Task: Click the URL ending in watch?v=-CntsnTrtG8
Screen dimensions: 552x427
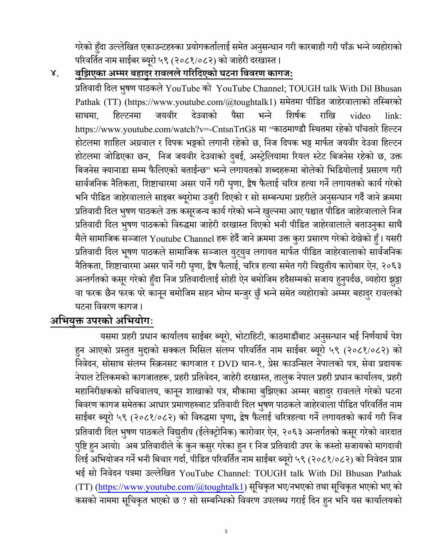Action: click(x=165, y=129)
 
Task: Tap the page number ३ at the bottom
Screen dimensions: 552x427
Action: click(x=226, y=531)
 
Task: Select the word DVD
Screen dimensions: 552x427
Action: click(x=228, y=364)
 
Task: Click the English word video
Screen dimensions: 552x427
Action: click(x=360, y=116)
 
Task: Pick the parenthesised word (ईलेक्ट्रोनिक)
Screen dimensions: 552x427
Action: click(x=219, y=432)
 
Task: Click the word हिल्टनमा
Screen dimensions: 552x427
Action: click(x=127, y=116)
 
